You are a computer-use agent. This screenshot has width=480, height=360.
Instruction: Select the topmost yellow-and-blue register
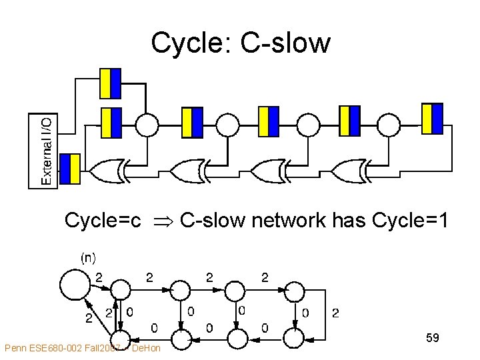tap(110, 83)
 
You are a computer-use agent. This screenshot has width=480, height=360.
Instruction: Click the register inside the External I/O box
tap(70, 169)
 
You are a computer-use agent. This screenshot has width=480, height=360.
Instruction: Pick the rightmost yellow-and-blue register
tap(432, 118)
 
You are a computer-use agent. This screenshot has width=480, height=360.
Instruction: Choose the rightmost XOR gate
tap(349, 171)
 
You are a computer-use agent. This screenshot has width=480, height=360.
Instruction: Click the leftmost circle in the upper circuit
tap(147, 123)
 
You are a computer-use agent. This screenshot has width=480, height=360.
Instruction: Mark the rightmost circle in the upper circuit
tap(389, 123)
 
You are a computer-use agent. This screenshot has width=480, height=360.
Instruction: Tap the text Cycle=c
tap(102, 220)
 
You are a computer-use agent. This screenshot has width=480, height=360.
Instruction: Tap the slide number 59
tap(432, 339)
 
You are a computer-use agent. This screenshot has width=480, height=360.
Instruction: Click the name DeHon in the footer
tap(146, 348)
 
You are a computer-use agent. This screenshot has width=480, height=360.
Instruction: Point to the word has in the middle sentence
tap(350, 220)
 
